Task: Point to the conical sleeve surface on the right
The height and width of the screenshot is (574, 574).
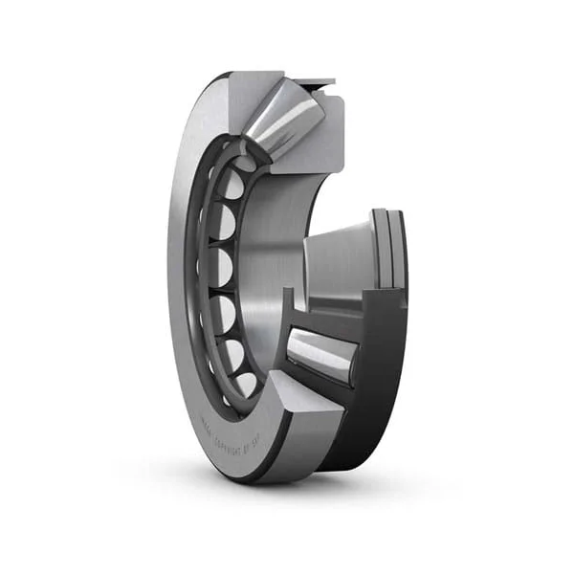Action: click(340, 263)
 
